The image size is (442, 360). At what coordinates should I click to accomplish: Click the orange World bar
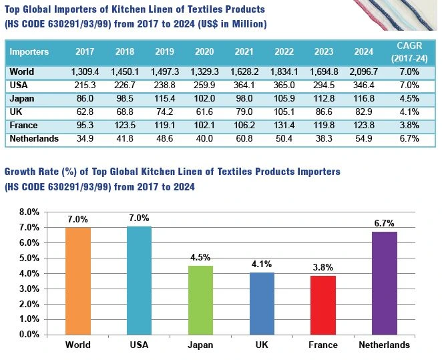(x=78, y=281)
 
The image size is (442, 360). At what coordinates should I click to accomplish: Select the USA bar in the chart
(x=139, y=281)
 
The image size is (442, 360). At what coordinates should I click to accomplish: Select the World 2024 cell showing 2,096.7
(x=369, y=71)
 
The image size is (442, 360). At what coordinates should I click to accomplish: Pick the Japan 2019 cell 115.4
(x=164, y=98)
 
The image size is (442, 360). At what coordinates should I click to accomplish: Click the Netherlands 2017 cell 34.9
(x=85, y=138)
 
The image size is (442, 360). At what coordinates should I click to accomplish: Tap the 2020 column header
(x=204, y=51)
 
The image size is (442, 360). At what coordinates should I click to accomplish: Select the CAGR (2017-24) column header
(x=407, y=51)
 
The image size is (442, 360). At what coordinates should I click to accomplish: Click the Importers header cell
(x=29, y=51)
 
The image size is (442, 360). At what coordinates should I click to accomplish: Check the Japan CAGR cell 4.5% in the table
(x=407, y=98)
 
